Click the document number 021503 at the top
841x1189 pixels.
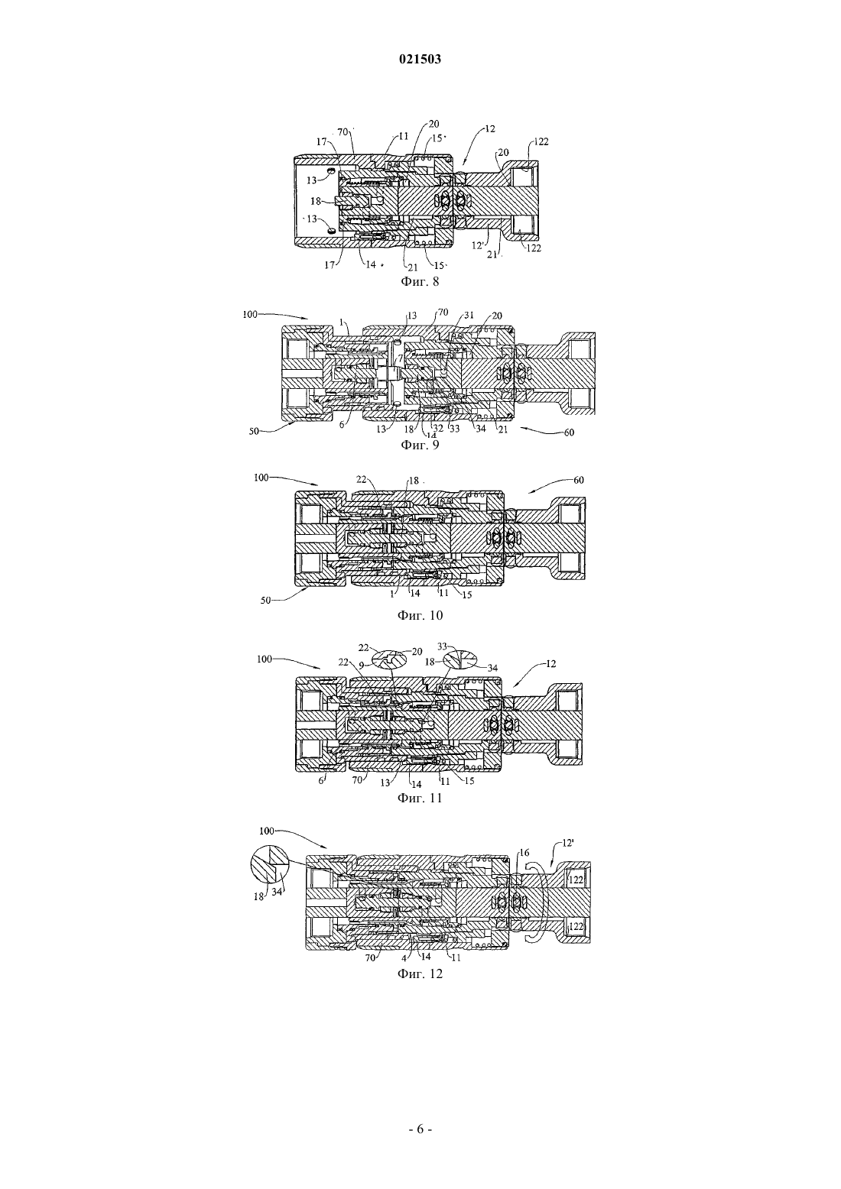click(x=420, y=59)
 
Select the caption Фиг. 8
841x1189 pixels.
click(x=420, y=281)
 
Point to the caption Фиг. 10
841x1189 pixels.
click(x=420, y=615)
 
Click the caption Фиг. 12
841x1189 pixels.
click(x=420, y=974)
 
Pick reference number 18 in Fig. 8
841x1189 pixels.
click(x=316, y=201)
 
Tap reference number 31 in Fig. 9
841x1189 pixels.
click(x=469, y=315)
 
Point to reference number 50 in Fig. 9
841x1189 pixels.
click(x=255, y=432)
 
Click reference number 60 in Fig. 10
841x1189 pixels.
click(x=578, y=480)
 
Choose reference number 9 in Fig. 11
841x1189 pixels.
click(x=361, y=664)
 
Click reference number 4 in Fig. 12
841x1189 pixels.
click(x=404, y=956)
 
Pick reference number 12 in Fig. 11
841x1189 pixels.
click(x=550, y=663)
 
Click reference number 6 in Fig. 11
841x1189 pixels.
click(x=320, y=781)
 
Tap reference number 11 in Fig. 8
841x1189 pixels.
click(x=404, y=136)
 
